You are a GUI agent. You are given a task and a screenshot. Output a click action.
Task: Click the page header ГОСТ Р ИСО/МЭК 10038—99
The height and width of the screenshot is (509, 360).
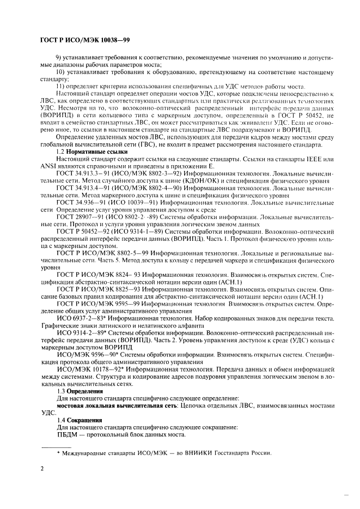pyautogui.click(x=86, y=41)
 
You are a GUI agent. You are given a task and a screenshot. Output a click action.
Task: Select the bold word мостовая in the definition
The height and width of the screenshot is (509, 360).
pyautogui.click(x=74, y=405)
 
